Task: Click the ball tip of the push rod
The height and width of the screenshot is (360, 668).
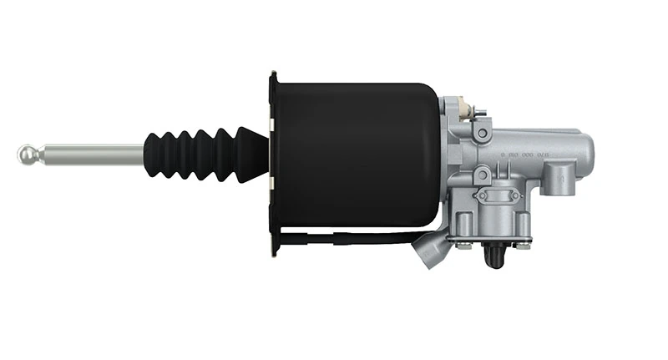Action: pos(28,154)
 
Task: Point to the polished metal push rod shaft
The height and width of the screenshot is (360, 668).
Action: pos(92,154)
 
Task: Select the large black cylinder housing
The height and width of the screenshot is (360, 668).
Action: pos(355,155)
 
